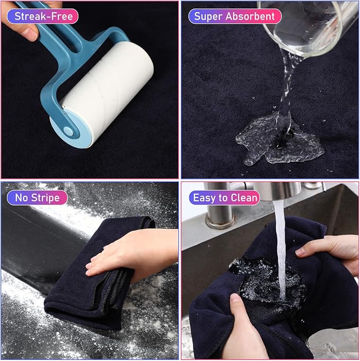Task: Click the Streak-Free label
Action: point(42,16)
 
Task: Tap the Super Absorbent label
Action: point(235,16)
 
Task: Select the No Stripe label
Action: point(37,197)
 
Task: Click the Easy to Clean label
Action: point(225,197)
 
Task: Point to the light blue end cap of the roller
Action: point(69,129)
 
